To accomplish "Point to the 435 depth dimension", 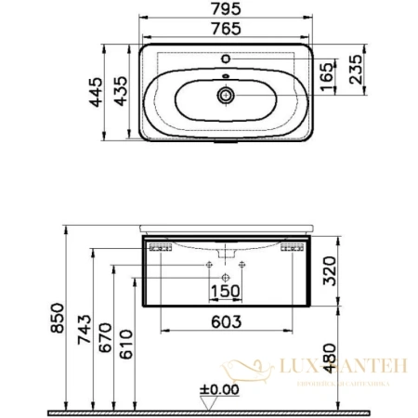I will pos(118,95).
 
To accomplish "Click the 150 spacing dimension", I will pos(226,293).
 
